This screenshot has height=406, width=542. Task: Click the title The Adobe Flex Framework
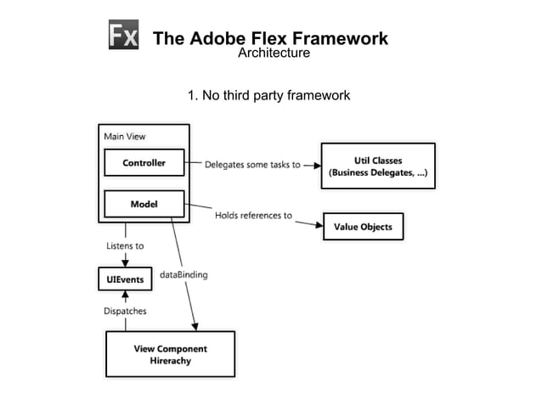[269, 38]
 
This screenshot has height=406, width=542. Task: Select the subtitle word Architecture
[273, 54]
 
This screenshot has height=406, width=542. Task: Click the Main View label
[125, 136]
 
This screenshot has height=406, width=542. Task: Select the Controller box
[144, 162]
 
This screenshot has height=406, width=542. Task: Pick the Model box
[144, 205]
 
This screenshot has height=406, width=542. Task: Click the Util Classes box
[377, 166]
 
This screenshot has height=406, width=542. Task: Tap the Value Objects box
[363, 227]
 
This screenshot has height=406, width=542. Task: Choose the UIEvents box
[125, 279]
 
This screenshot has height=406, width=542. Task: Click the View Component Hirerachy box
[169, 354]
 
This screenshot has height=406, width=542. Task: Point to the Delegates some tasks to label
[251, 165]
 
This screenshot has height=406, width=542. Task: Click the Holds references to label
[253, 216]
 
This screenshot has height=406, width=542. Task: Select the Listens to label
[125, 246]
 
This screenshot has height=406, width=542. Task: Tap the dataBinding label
[183, 275]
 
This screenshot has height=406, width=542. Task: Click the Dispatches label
[125, 311]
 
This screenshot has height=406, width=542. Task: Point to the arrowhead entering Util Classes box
[314, 165]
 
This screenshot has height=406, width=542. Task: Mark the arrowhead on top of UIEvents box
[125, 262]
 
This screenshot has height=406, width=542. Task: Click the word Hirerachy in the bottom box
[170, 361]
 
